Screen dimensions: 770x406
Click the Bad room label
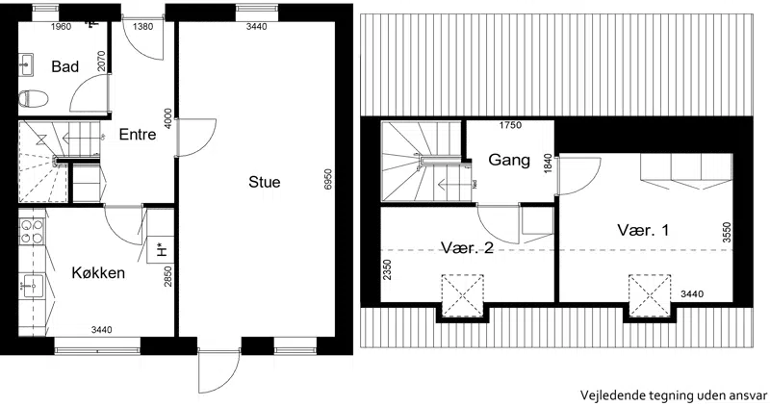pos(64,66)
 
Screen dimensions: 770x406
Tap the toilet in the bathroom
pos(33,99)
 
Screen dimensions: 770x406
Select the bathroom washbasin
pos(26,64)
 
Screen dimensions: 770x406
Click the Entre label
pos(138,134)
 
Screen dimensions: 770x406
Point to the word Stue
pos(264,182)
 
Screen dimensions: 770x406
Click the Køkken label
pos(98,272)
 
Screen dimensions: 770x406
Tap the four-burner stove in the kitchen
pos(32,232)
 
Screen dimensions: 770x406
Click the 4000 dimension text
pos(168,118)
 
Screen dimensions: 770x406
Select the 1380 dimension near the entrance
pos(142,27)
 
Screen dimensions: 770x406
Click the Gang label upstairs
pos(509,160)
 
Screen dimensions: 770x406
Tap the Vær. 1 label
pos(643,230)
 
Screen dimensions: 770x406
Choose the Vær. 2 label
pos(467,247)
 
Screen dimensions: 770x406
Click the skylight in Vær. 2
pos(462,296)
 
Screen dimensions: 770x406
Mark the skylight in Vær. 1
pos(650,295)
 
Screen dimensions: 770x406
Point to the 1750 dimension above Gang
pos(510,125)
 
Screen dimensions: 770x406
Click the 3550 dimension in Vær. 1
pos(727,233)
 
